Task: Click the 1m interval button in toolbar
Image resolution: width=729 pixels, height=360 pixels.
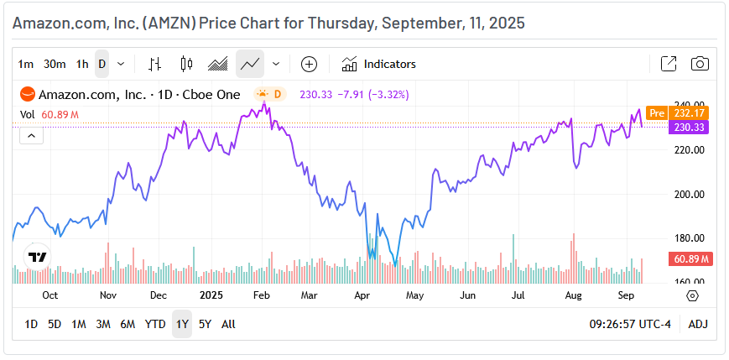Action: coord(26,64)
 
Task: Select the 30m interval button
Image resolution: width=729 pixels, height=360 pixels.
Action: coord(55,64)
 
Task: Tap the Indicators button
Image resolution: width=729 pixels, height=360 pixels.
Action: coord(378,64)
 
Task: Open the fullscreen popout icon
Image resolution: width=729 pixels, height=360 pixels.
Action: coord(669,64)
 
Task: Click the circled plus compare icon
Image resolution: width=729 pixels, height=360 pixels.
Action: coord(309,64)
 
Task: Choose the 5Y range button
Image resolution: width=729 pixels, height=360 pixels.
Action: coord(205,324)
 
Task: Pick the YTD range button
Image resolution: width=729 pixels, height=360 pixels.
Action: coord(155,324)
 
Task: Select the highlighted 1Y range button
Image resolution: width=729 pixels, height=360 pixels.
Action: coord(181,324)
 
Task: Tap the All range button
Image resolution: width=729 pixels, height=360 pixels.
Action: coord(228,324)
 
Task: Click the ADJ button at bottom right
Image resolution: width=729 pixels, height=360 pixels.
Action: coord(698,324)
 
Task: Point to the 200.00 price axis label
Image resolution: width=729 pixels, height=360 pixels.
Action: coord(691,194)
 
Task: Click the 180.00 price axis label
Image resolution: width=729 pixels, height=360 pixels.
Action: coord(691,238)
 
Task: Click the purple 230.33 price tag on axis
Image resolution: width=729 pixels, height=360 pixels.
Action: coord(688,127)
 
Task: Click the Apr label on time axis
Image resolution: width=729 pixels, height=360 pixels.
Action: coord(362,295)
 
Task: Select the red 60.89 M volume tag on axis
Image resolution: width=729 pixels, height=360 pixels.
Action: coord(688,258)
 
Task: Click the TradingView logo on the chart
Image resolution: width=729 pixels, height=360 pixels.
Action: coord(37,258)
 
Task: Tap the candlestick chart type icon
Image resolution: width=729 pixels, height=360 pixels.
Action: coord(186,64)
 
